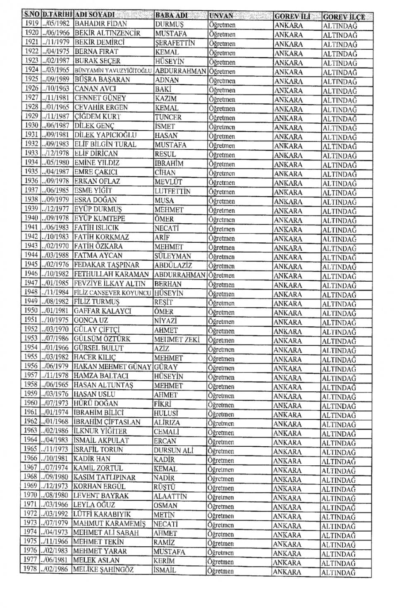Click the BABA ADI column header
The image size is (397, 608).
(x=171, y=16)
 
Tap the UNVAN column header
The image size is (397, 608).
(x=221, y=16)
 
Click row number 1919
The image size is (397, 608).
(x=31, y=24)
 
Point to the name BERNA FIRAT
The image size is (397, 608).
(x=96, y=52)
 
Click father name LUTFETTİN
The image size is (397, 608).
(x=172, y=191)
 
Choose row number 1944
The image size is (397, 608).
(x=31, y=255)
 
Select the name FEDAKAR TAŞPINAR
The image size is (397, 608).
(x=106, y=265)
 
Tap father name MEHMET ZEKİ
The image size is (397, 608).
(x=177, y=340)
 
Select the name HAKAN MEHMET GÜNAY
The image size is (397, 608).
(x=112, y=367)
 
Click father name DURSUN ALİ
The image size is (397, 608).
(x=173, y=450)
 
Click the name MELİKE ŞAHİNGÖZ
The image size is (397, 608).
(x=103, y=570)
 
